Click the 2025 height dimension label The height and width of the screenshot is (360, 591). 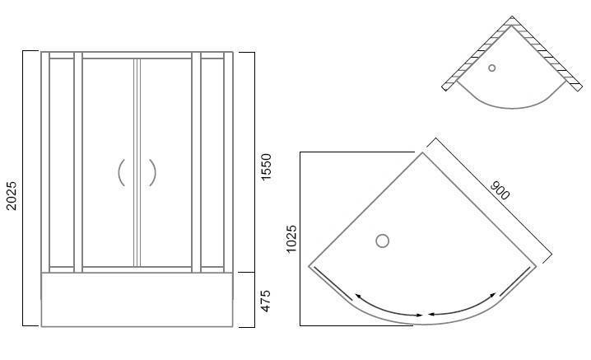point(12,195)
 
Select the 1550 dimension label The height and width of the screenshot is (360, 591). point(266,167)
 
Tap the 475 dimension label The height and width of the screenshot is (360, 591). point(266,301)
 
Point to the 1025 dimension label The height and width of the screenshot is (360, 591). point(291,239)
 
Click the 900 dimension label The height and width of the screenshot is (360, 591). point(500,189)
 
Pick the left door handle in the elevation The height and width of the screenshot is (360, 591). point(121,172)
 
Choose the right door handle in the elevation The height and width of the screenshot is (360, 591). point(152,172)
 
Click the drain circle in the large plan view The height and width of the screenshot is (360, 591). point(382,241)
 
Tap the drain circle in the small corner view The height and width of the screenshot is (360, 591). point(492,68)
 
